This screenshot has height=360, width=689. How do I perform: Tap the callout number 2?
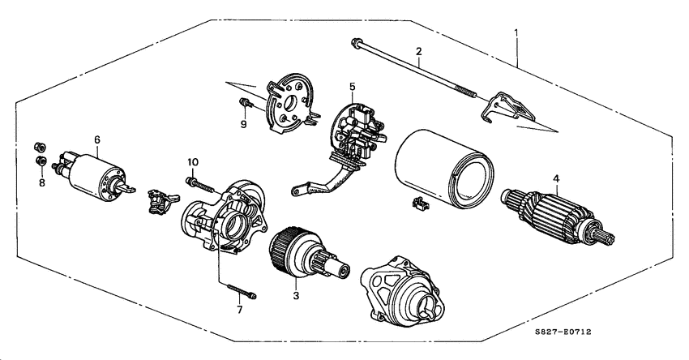[418, 53]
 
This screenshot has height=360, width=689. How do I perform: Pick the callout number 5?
[353, 86]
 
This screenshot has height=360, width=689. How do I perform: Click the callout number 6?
[96, 140]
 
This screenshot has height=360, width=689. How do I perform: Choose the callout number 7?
[239, 309]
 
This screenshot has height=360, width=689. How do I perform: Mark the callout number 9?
[242, 124]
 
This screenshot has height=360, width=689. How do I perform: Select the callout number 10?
[193, 162]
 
